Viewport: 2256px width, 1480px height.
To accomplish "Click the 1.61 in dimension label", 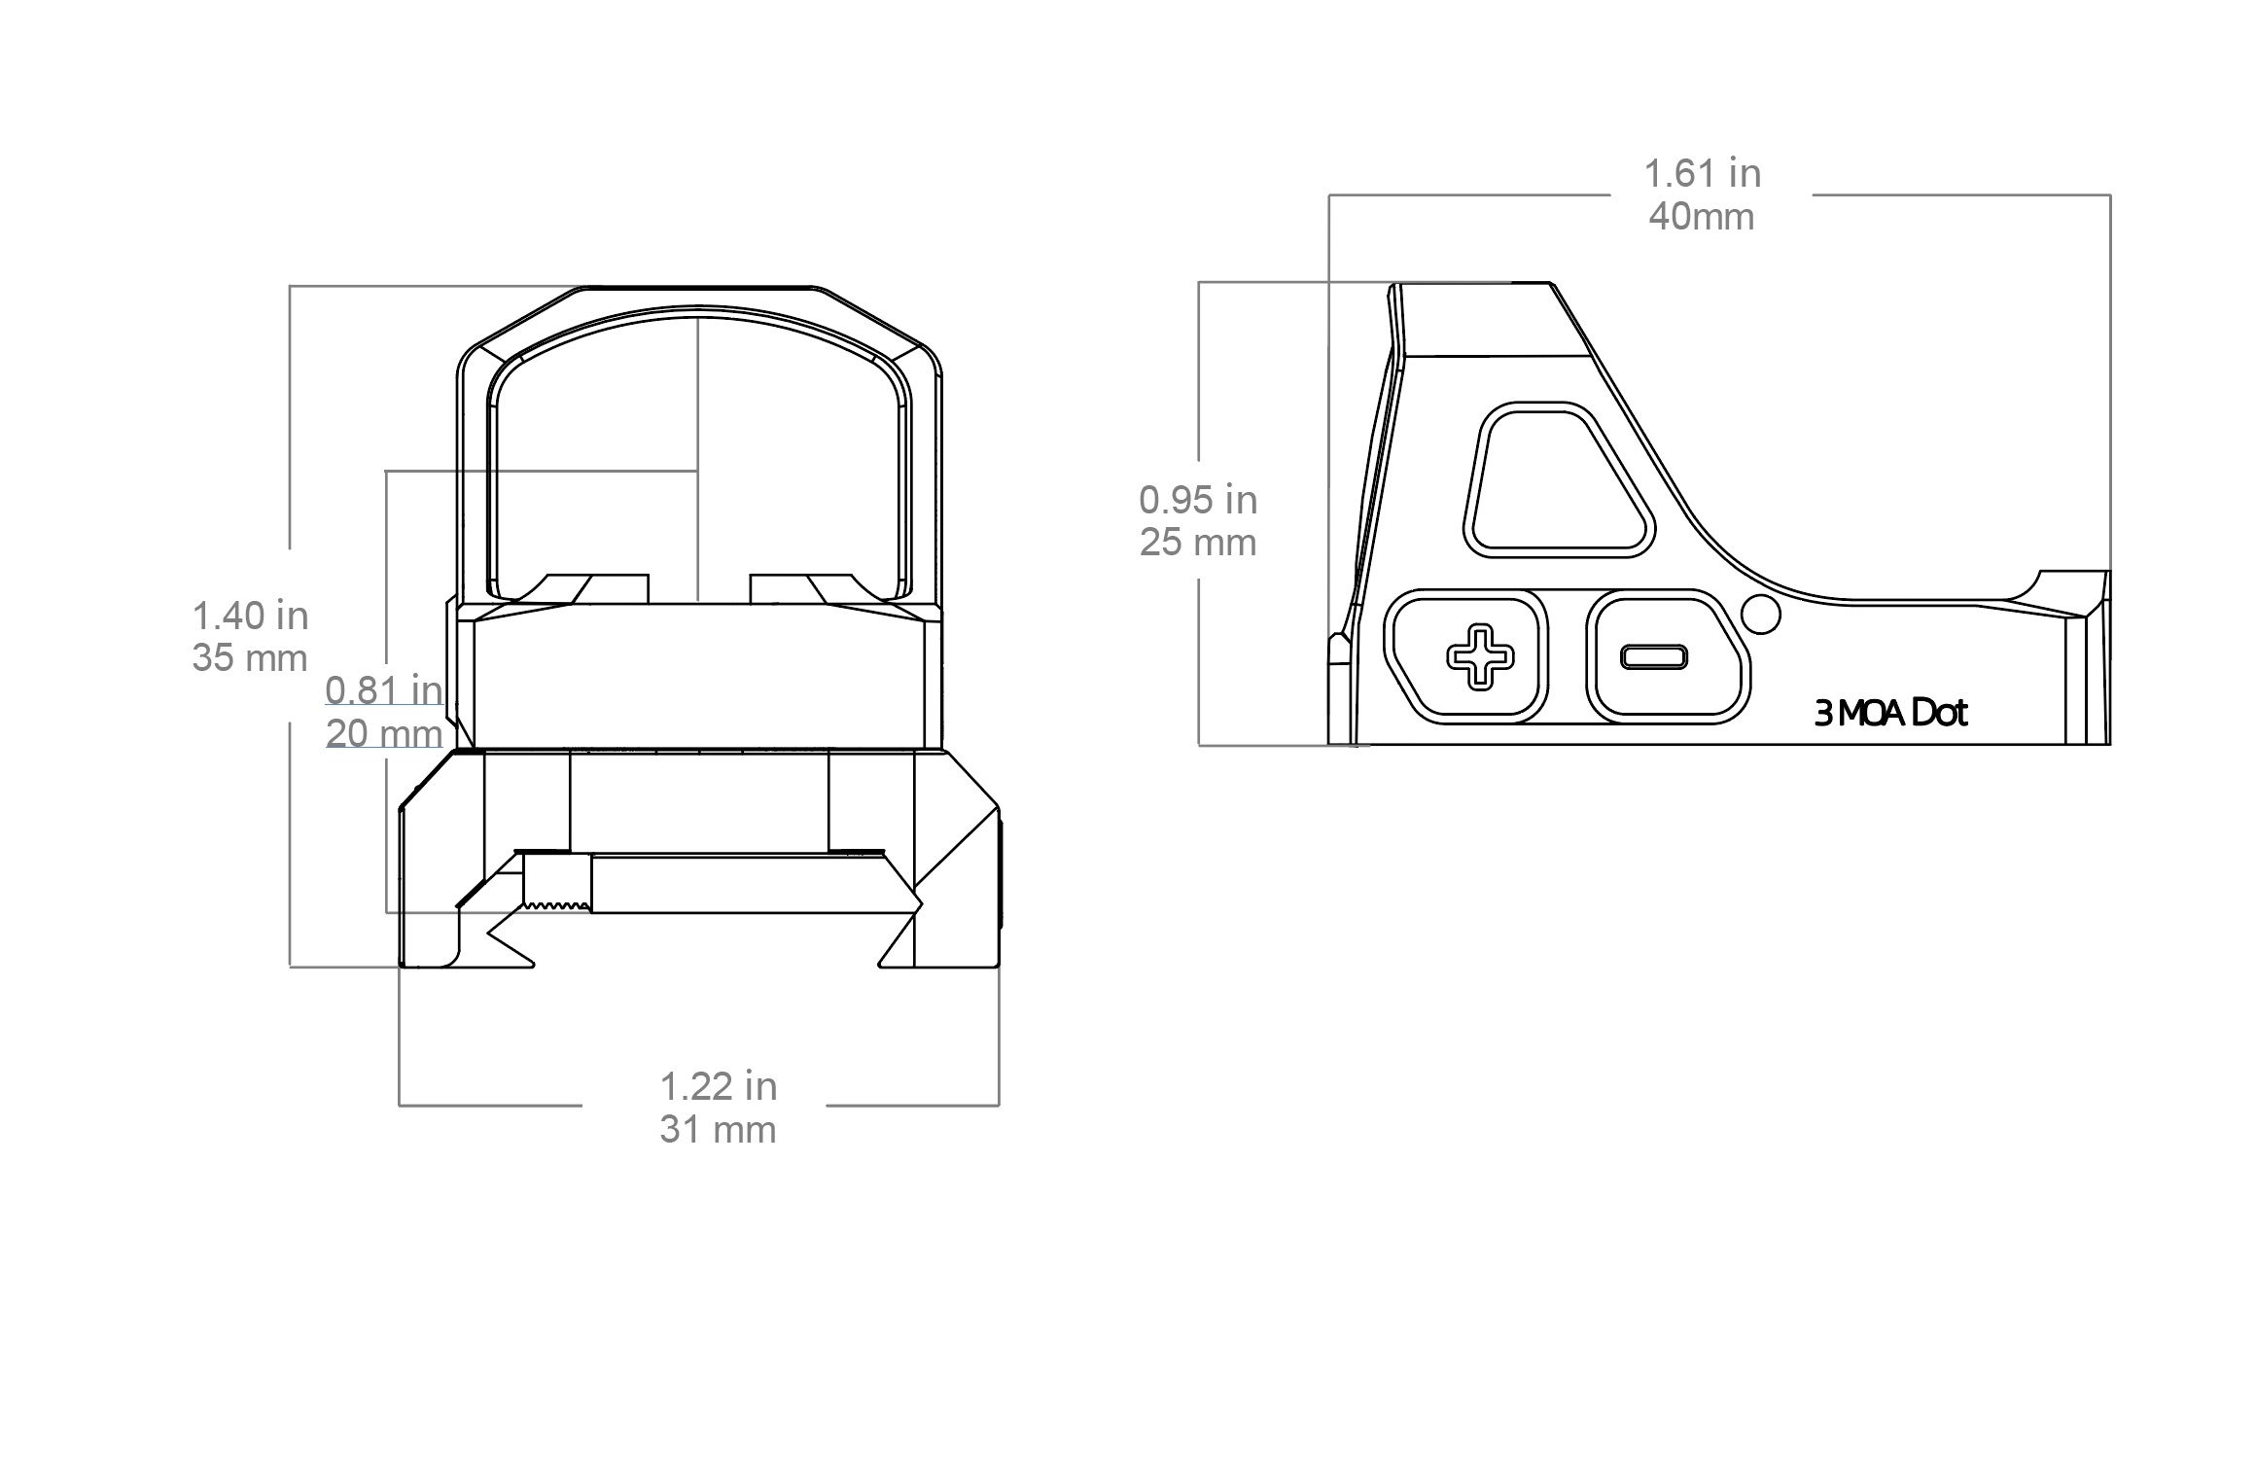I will click(x=1702, y=174).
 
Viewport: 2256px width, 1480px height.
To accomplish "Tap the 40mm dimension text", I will click(x=1702, y=217).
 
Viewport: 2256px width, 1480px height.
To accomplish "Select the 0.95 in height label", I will click(x=1198, y=500).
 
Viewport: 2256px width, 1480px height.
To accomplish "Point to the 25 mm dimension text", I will click(x=1198, y=543).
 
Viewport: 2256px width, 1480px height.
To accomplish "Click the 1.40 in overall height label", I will click(x=250, y=616).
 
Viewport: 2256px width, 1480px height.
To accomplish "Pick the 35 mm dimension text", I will click(x=250, y=658).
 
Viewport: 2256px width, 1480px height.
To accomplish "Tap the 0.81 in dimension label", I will click(x=383, y=689).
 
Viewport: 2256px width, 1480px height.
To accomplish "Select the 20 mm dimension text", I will click(x=383, y=733).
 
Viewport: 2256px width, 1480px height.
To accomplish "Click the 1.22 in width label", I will click(x=719, y=1086).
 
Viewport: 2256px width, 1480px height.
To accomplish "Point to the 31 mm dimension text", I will click(x=719, y=1130).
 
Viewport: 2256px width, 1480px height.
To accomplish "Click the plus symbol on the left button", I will click(x=1480, y=657).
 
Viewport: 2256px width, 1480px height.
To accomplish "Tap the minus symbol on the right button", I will click(x=1653, y=657).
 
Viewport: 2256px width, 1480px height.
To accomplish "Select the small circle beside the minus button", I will click(x=1761, y=615).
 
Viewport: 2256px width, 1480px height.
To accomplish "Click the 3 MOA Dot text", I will click(x=1890, y=714).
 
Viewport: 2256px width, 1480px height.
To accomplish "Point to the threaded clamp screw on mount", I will click(x=556, y=881).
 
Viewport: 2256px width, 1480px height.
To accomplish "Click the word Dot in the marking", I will click(x=1939, y=714).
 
